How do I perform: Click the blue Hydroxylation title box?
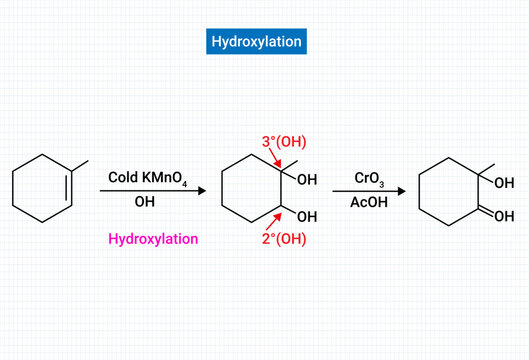point(255,41)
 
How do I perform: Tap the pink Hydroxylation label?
point(153,239)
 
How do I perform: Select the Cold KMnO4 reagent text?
point(146,177)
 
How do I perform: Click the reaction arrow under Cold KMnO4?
point(151,189)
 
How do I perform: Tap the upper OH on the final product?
point(502,181)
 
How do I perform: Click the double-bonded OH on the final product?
point(502,215)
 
